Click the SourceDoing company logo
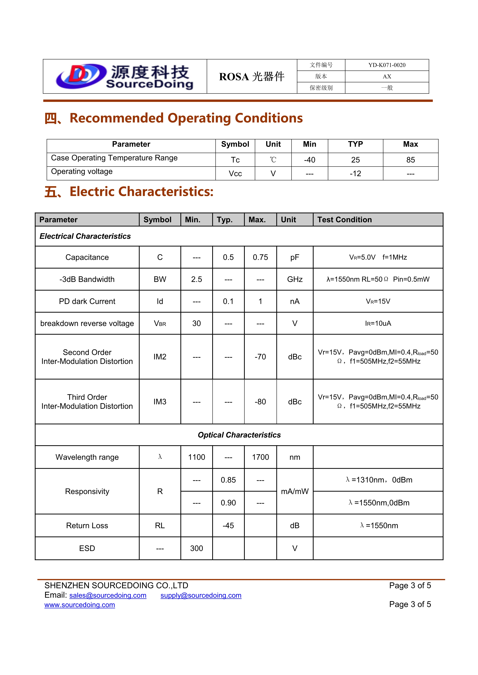[x=125, y=76]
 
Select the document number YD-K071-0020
[x=387, y=65]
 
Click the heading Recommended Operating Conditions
[x=186, y=118]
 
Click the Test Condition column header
[x=344, y=220]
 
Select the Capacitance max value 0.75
[x=260, y=257]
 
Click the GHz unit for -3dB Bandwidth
[x=295, y=279]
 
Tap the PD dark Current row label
[x=87, y=301]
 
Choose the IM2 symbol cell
[x=160, y=357]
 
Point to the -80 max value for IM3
[x=260, y=401]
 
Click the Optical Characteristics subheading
[x=239, y=435]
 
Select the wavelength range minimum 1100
[x=196, y=457]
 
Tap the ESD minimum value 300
[x=196, y=548]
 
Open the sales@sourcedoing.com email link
[x=108, y=595]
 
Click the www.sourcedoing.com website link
[x=79, y=605]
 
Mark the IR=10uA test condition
[x=378, y=323]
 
